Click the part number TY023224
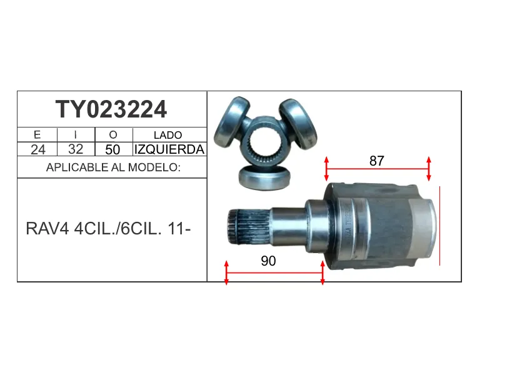coord(111,109)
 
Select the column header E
coord(37,134)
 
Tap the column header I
coord(76,134)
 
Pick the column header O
coord(113,135)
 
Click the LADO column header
coord(168,135)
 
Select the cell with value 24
coord(38,149)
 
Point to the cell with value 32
coord(76,149)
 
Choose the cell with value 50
coord(113,149)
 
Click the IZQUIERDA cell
coord(169,149)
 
